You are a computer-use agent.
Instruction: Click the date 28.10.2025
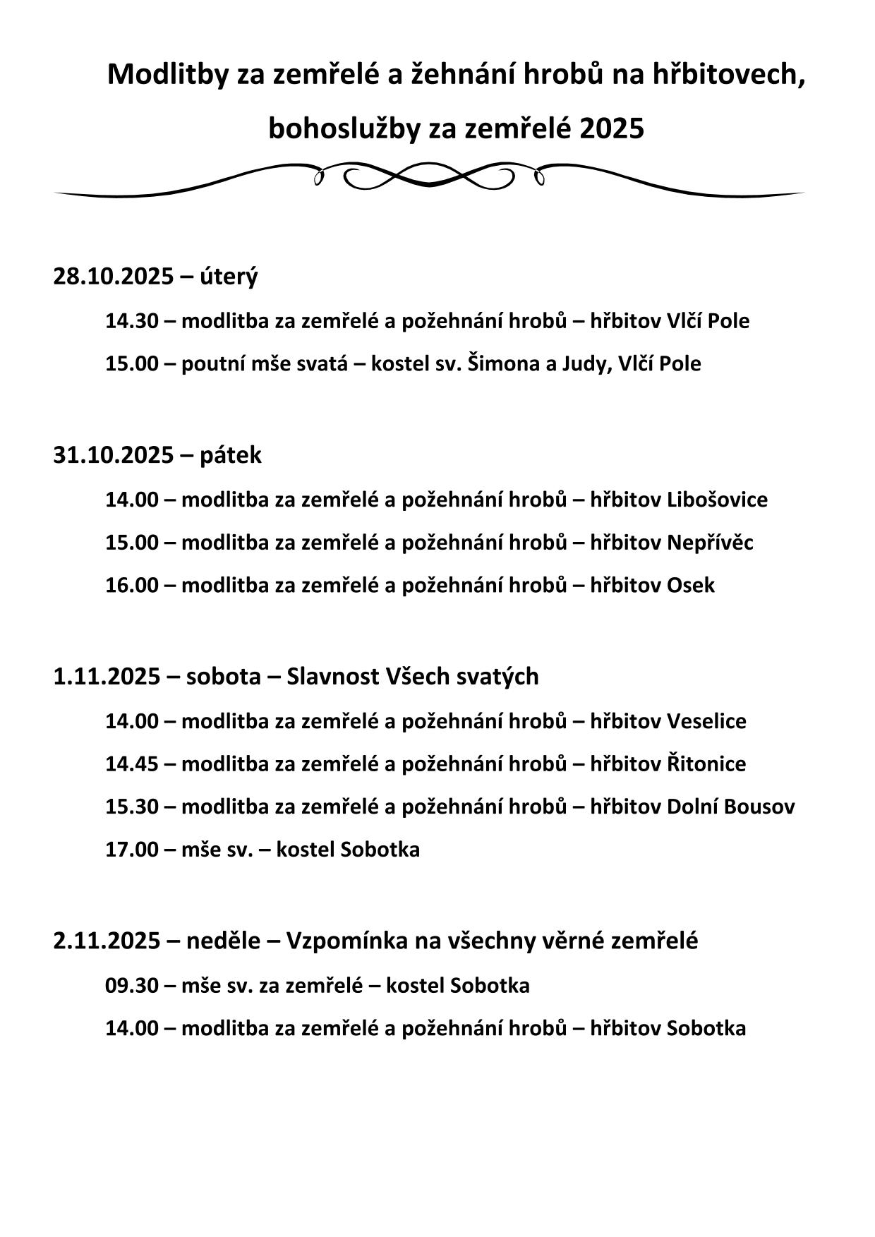(x=113, y=276)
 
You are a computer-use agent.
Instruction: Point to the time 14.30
(x=132, y=321)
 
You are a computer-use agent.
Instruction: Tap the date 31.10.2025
(x=113, y=455)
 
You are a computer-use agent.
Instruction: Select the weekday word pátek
(x=230, y=455)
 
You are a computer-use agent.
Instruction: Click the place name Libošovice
(x=717, y=500)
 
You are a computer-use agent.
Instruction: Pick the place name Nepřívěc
(x=710, y=543)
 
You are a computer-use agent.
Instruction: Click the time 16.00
(x=132, y=585)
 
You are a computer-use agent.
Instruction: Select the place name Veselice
(x=706, y=721)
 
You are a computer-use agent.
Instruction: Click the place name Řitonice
(x=706, y=764)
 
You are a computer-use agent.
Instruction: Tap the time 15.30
(x=132, y=807)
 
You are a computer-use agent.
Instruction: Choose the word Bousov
(x=764, y=807)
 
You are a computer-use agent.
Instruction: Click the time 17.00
(x=132, y=849)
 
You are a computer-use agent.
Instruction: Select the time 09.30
(x=132, y=985)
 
